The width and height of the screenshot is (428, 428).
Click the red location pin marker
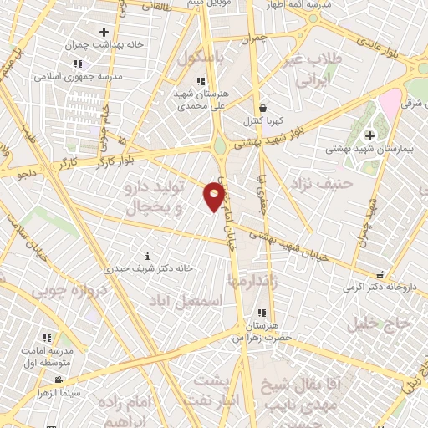[x=215, y=196]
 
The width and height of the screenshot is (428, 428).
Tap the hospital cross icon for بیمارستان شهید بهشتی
[x=369, y=135]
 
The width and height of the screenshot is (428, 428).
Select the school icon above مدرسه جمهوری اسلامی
[x=78, y=64]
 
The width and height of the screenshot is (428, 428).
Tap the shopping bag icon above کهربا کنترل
[x=262, y=108]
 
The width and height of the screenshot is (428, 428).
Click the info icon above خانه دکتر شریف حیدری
[x=148, y=256]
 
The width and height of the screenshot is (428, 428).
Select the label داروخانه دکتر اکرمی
[x=385, y=287]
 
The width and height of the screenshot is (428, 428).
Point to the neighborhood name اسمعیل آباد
[x=186, y=298]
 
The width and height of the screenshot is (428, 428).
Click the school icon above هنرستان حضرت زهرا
[x=263, y=313]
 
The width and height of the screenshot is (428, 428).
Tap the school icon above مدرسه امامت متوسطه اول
[x=48, y=339]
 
